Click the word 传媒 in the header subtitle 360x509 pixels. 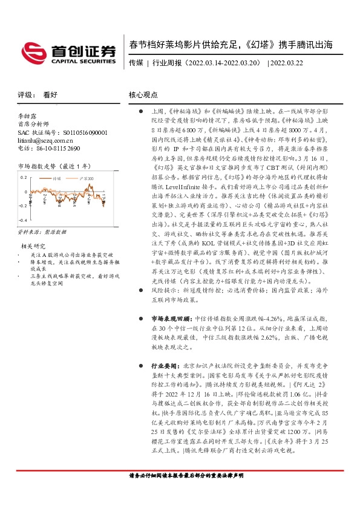pyautogui.click(x=136, y=62)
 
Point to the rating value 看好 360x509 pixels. pyautogui.click(x=50, y=96)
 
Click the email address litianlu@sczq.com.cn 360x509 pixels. pyautogui.click(x=50, y=140)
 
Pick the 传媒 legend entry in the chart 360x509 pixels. pyautogui.click(x=56, y=179)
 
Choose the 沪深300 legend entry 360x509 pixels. pyautogui.click(x=86, y=179)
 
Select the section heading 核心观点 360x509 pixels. pyautogui.click(x=143, y=96)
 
